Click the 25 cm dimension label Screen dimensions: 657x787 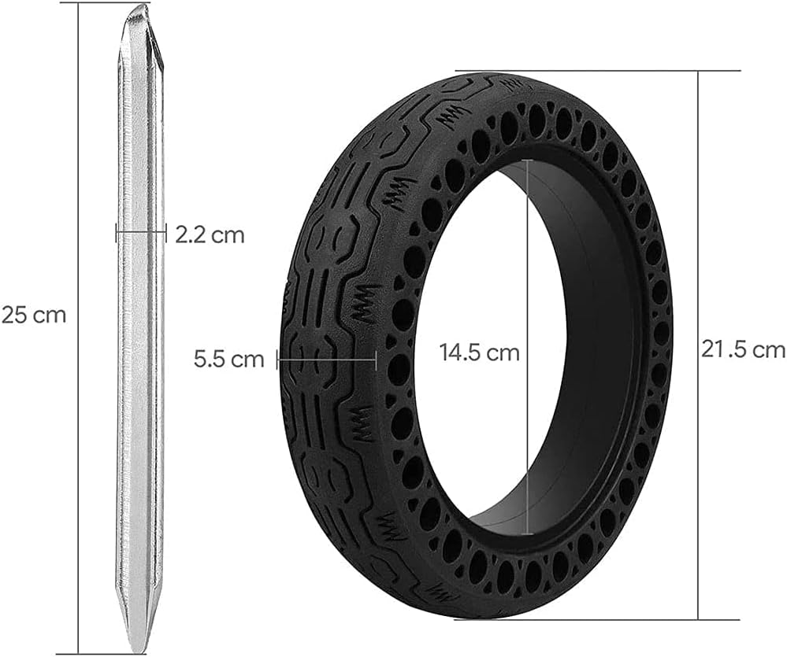pyautogui.click(x=34, y=315)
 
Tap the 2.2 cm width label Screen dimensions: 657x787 pyautogui.click(x=210, y=234)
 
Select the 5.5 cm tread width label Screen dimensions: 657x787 pyautogui.click(x=229, y=360)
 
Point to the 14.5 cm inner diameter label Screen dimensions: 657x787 pyautogui.click(x=479, y=352)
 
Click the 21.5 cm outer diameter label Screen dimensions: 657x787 pyautogui.click(x=743, y=349)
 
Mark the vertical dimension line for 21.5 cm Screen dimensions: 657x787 pyautogui.click(x=699, y=197)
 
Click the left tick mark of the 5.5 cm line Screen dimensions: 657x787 pyautogui.click(x=277, y=360)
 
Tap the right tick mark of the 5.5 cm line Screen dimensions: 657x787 pyautogui.click(x=377, y=360)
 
